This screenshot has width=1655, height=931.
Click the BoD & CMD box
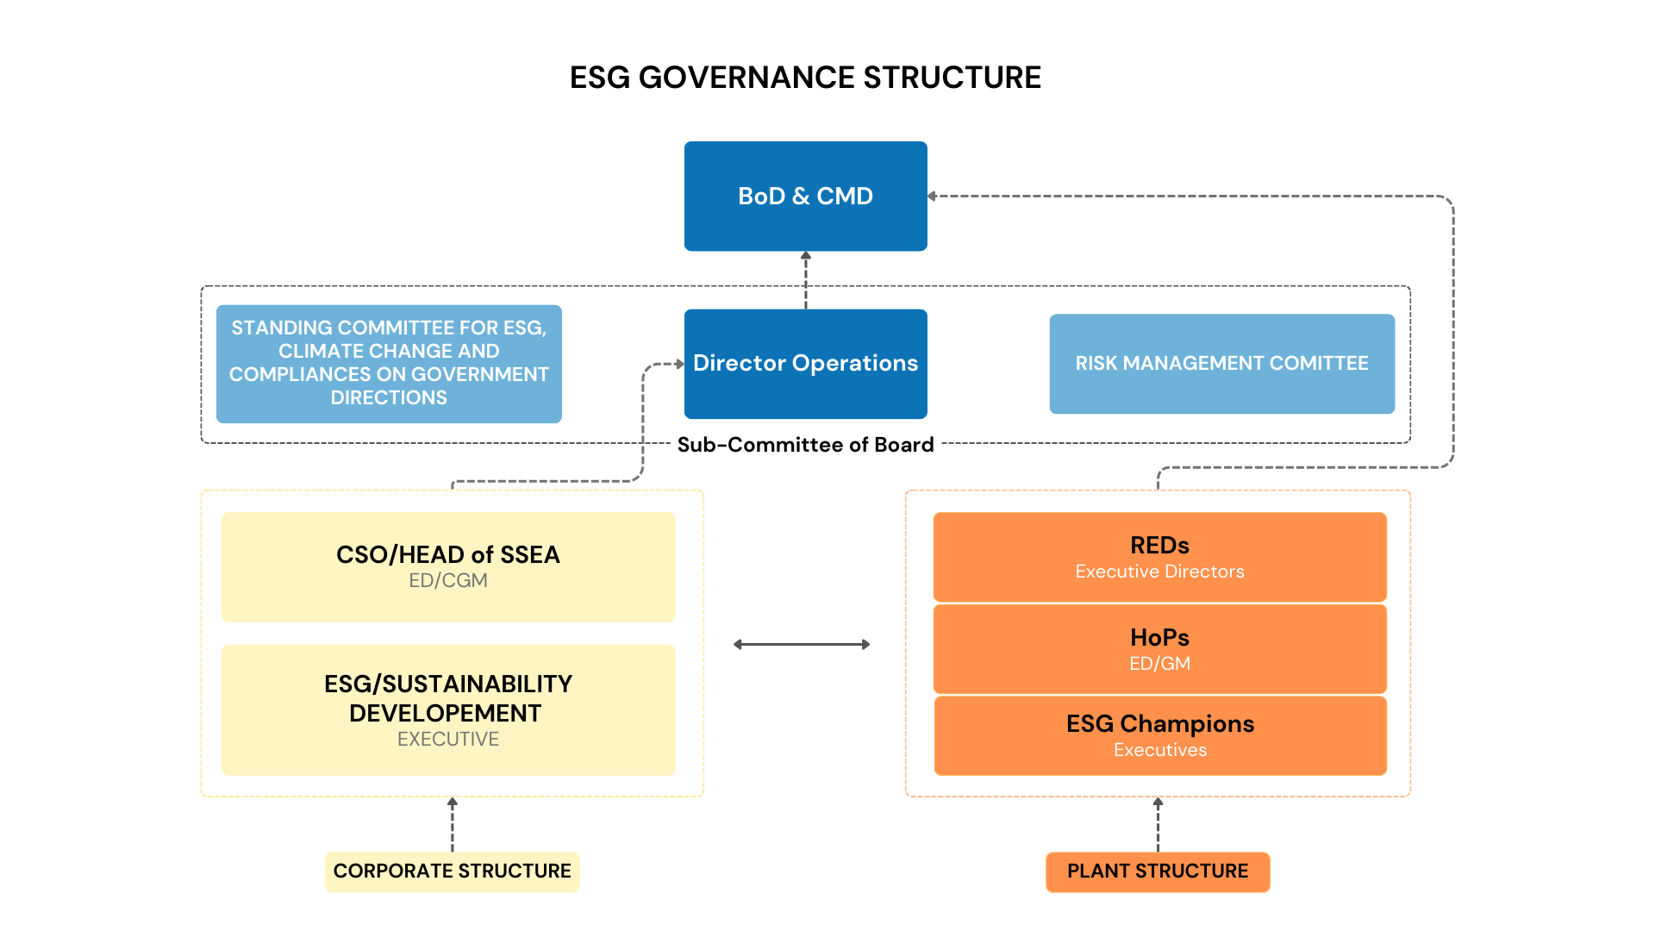[x=805, y=196]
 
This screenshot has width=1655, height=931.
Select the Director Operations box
[x=805, y=363]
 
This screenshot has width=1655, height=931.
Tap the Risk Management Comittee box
[x=1221, y=363]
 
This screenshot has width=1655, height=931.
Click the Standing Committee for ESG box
[x=389, y=363]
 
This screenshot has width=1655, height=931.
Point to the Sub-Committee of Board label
[x=805, y=445]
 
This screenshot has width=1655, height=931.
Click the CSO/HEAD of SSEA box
[x=448, y=566]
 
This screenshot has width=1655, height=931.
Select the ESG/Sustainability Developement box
[x=448, y=709]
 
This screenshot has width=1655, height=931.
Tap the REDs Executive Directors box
[x=1159, y=557]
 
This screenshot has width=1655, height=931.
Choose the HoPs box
[x=1159, y=649]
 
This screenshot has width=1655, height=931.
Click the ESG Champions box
[x=1159, y=735]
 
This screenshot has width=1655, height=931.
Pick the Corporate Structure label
[x=452, y=872]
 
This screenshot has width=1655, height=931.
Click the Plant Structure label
[x=1157, y=872]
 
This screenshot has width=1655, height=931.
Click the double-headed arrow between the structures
[x=802, y=644]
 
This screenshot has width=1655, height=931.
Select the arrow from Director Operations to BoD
[x=806, y=279]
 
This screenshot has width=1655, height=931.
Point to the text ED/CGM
[x=448, y=581]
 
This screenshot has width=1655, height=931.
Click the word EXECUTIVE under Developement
[x=448, y=740]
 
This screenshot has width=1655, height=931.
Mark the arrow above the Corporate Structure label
[x=453, y=824]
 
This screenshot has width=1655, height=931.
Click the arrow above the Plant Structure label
[x=1158, y=824]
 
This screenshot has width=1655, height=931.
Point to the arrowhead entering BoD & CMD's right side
[x=933, y=197]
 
